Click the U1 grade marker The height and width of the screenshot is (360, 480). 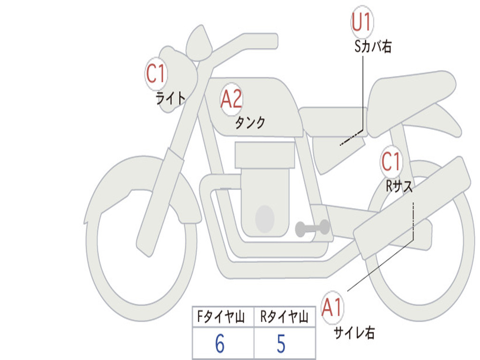coord(362,22)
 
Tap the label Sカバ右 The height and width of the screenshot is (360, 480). coord(373,46)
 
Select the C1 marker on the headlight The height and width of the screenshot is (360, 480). coord(156,74)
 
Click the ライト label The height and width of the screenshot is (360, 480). coord(171,98)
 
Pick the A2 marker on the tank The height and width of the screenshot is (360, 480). coord(232,99)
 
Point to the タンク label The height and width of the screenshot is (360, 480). coord(250,122)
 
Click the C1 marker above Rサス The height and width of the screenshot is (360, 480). coord(391,161)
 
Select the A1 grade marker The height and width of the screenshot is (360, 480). coord(332,307)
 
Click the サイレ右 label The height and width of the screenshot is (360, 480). coord(354,332)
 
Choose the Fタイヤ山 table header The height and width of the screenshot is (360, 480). coord(221,316)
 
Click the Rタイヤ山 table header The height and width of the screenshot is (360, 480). coord(284,316)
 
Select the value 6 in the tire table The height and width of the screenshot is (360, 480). coord(220,344)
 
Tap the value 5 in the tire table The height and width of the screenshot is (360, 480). coord(281,344)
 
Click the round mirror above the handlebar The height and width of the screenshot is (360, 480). coord(199,43)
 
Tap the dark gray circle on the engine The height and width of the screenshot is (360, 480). coord(265,219)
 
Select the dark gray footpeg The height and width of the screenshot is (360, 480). coord(312,228)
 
